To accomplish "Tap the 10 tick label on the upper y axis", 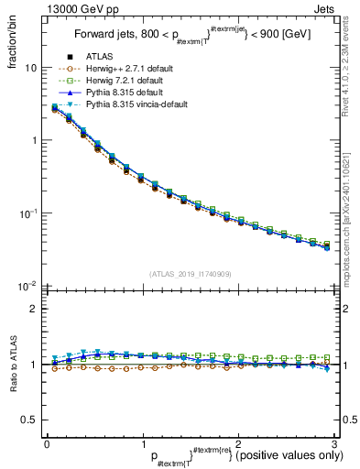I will [30, 69].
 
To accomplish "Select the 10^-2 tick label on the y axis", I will [27, 286].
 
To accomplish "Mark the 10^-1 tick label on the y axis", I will [27, 213].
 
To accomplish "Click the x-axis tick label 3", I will [335, 444].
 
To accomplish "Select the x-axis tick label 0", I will [47, 444].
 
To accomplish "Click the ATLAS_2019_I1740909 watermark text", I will [191, 274].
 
